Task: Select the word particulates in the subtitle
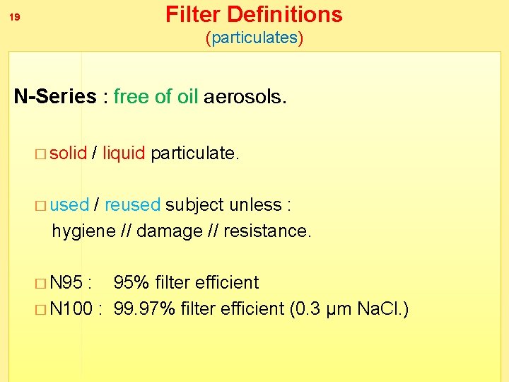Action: [255, 37]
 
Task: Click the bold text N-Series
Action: [55, 96]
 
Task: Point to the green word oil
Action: [187, 96]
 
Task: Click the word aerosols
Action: [245, 96]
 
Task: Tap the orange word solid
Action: [69, 153]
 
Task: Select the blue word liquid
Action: [124, 153]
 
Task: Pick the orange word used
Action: [70, 205]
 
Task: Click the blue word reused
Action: [132, 205]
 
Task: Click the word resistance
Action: [267, 231]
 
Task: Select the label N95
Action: [67, 283]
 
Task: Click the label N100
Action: [72, 309]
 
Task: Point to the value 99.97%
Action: [144, 309]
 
